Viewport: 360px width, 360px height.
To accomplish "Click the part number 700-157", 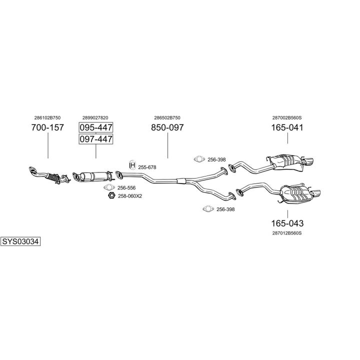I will (x=47, y=127).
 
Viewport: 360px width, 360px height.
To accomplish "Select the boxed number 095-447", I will (x=96, y=127).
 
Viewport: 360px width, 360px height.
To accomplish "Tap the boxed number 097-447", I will (x=96, y=139).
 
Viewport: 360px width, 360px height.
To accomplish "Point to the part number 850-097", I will (x=167, y=127).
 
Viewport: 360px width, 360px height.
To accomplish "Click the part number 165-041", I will (x=287, y=127).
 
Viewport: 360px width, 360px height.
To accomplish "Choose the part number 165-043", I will (x=287, y=223).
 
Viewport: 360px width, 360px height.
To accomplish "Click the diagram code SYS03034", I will (x=20, y=241).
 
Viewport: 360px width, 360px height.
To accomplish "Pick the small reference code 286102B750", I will (x=47, y=117).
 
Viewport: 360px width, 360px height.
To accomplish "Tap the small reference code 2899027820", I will (x=95, y=117).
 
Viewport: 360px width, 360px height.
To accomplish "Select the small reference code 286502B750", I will (x=167, y=117).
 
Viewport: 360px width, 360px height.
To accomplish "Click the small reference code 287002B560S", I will (x=287, y=117).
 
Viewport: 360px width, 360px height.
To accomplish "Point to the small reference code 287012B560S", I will (x=287, y=233).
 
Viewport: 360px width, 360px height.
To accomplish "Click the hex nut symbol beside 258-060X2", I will (x=112, y=195).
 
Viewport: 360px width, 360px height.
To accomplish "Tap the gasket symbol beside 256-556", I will (x=109, y=187).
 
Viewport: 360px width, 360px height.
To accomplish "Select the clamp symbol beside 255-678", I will (x=132, y=166).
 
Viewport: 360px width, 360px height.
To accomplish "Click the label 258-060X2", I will (x=130, y=196).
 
